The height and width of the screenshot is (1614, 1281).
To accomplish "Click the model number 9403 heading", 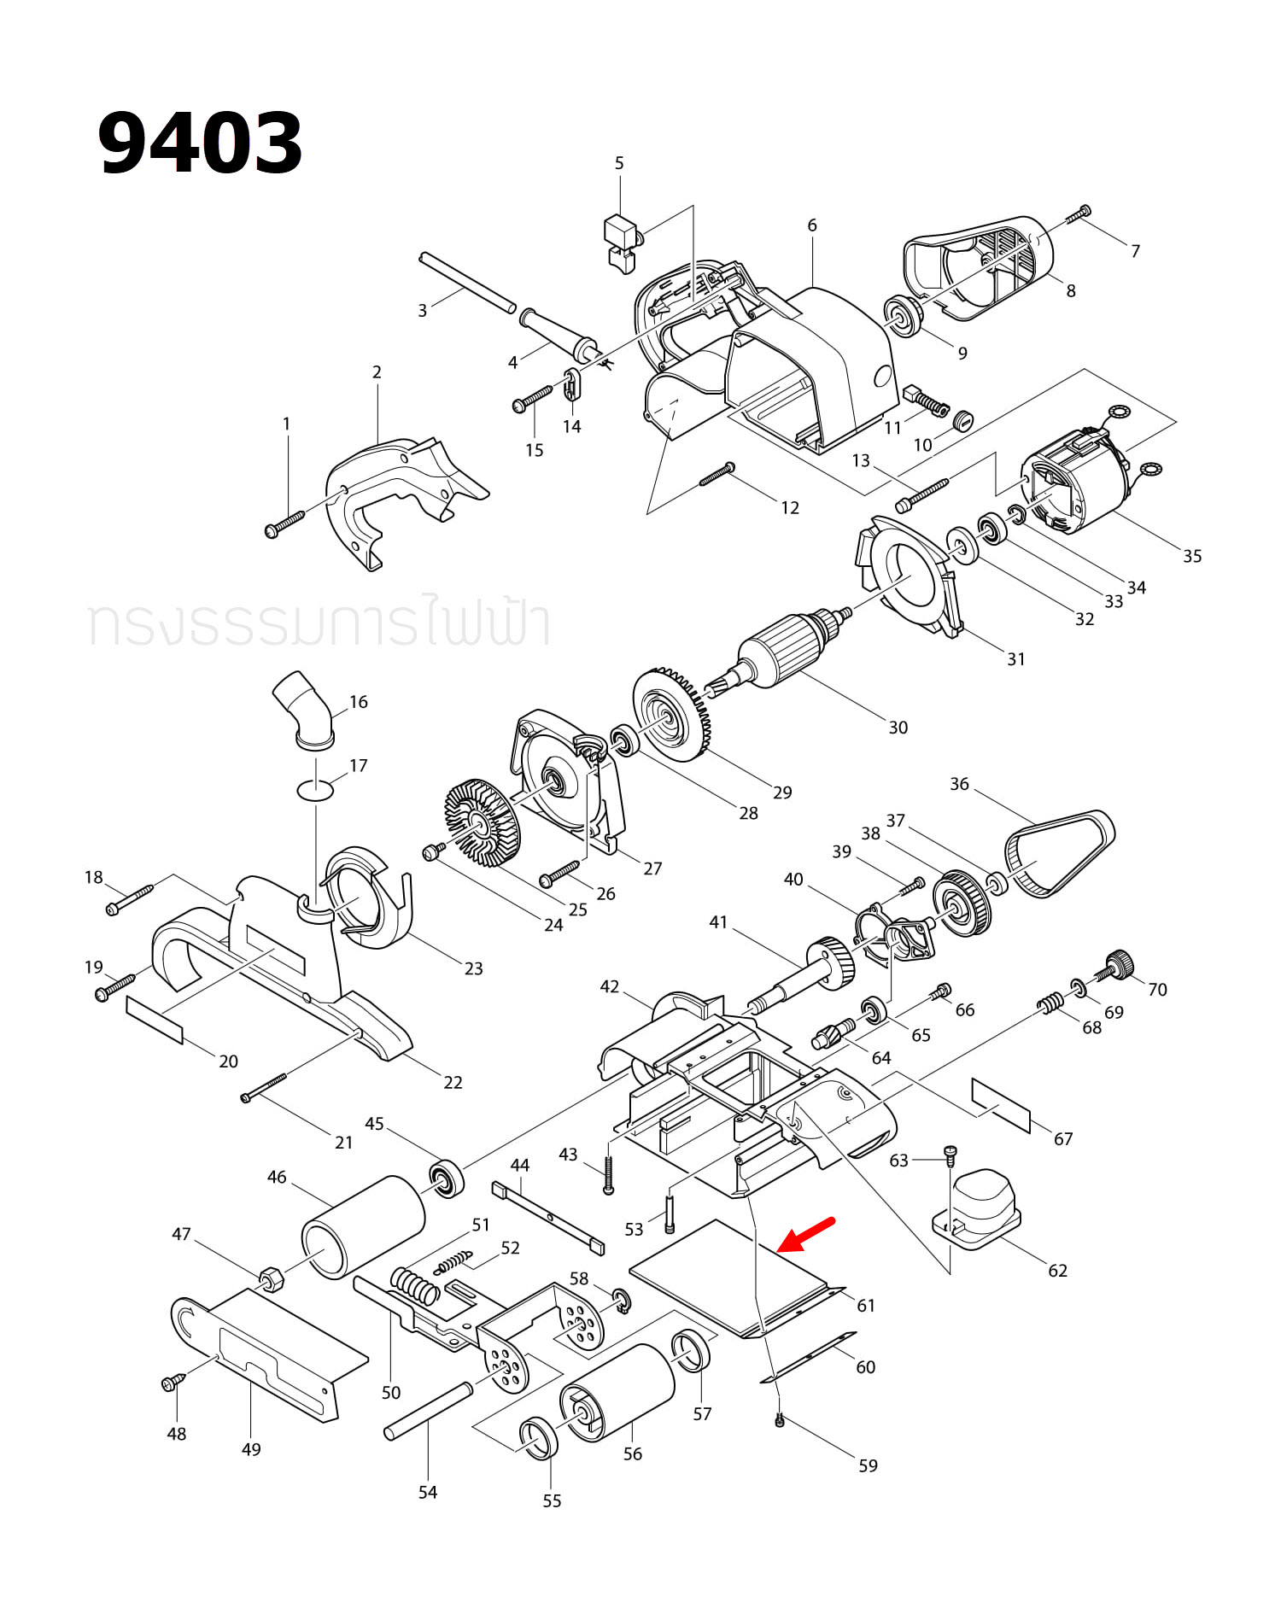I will [200, 143].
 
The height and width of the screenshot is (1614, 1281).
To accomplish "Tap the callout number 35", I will [1192, 556].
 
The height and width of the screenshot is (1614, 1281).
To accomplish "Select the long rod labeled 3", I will [467, 283].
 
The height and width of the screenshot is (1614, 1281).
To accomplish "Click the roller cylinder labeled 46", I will [364, 1227].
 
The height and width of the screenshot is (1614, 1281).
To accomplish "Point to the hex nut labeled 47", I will [272, 1279].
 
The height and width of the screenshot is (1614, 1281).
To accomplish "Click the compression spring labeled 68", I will [1050, 1003].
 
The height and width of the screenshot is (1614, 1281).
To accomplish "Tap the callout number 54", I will [428, 1492].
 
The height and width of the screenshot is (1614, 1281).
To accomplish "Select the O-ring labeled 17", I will [315, 790].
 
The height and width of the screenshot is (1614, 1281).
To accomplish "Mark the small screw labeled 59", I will [779, 1421].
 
